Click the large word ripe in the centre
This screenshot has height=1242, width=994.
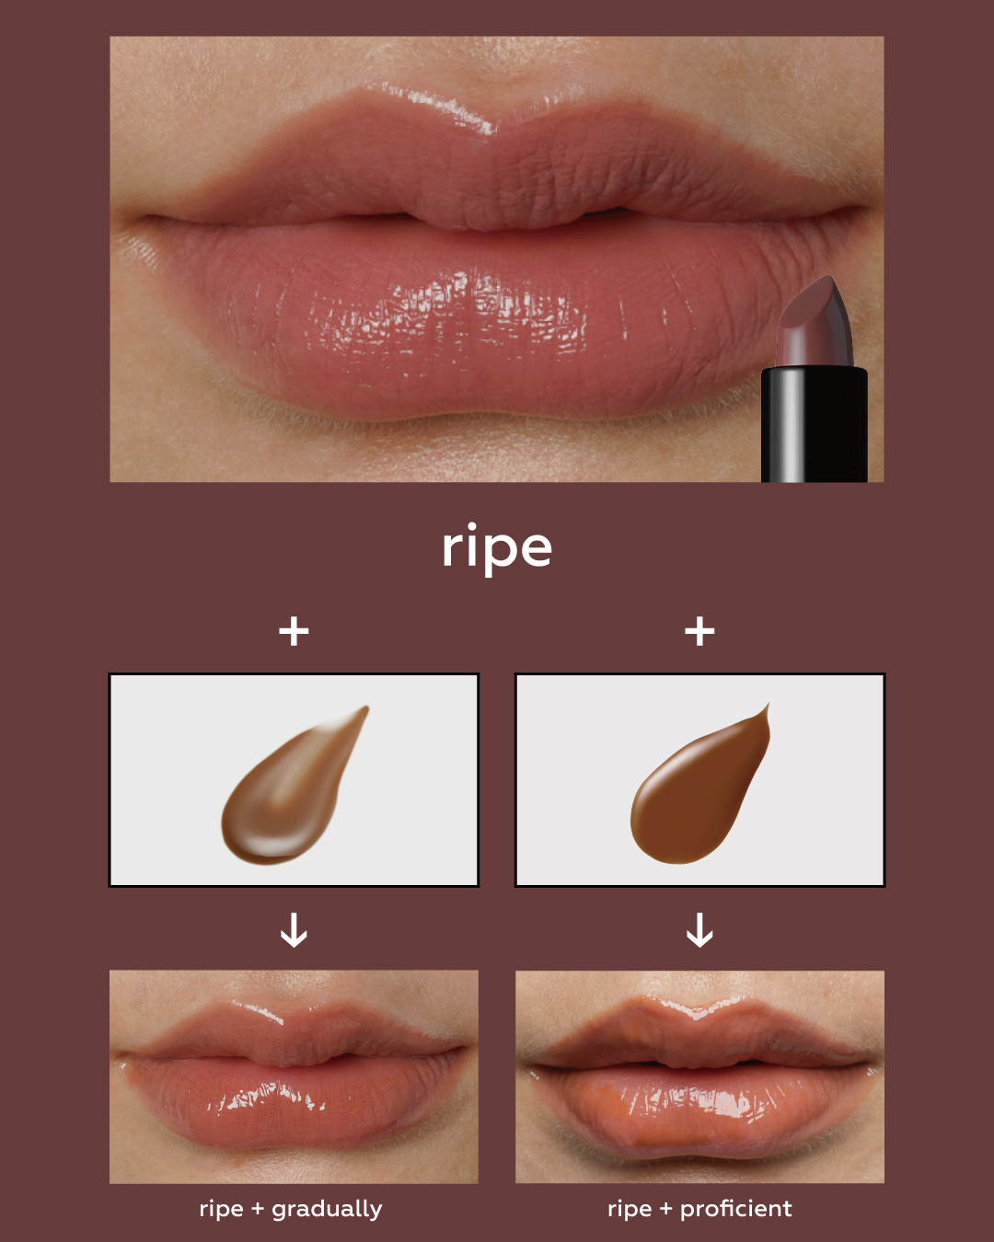(497, 548)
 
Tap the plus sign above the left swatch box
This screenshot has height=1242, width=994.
(294, 631)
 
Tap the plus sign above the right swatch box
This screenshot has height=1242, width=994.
(699, 631)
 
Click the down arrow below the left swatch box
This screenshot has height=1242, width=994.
(294, 930)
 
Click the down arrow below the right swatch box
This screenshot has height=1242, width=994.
(699, 930)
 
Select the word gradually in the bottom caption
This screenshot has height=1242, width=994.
(327, 1209)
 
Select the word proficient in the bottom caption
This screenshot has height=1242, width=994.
(735, 1209)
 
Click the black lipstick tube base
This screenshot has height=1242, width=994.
(814, 424)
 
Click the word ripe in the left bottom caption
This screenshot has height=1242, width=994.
(221, 1210)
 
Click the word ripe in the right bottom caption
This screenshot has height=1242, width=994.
(630, 1210)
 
